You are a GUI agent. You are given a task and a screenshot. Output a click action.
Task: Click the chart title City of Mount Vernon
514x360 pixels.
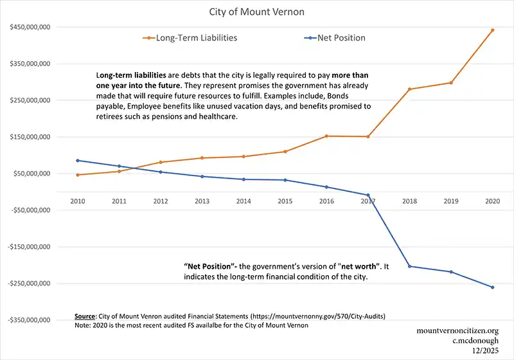click(x=256, y=12)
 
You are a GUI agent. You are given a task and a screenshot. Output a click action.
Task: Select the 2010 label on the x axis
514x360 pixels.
click(x=77, y=201)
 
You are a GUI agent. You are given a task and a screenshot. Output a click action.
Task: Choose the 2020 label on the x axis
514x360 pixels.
click(x=493, y=201)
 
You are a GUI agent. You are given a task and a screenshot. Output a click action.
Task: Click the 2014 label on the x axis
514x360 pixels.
click(x=244, y=201)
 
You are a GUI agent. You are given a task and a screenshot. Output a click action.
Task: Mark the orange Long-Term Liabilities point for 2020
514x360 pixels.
click(x=493, y=30)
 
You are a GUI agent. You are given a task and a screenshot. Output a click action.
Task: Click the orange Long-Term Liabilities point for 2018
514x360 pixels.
click(x=409, y=89)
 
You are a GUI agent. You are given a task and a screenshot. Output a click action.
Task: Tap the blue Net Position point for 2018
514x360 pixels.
click(x=409, y=266)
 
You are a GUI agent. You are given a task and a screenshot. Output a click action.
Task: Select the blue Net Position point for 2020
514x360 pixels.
click(x=493, y=287)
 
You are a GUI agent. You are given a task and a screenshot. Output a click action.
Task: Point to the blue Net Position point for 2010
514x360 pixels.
click(x=77, y=161)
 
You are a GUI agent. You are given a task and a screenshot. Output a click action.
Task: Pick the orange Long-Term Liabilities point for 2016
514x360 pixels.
click(x=326, y=136)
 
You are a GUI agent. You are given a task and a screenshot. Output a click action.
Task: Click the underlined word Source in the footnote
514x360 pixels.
click(x=85, y=317)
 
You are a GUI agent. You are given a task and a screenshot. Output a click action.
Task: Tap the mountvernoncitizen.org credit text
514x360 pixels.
click(x=457, y=330)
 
